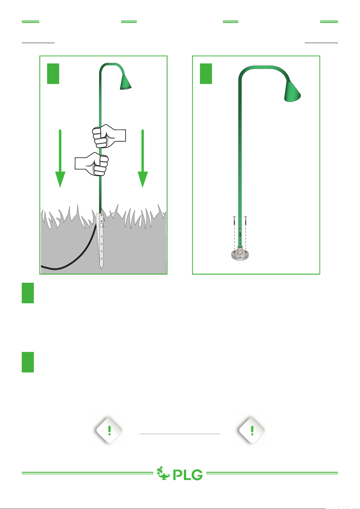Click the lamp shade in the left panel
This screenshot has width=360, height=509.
tap(126, 82)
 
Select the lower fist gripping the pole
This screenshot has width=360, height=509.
tap(92, 164)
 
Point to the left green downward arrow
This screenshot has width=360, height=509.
tap(60, 158)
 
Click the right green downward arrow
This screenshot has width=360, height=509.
tap(143, 158)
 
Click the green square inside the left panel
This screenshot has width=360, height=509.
tap(53, 74)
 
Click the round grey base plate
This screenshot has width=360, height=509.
tap(240, 255)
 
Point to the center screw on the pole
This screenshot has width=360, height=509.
tap(240, 233)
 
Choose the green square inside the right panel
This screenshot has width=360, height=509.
tap(206, 74)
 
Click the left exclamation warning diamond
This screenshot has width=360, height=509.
tap(109, 430)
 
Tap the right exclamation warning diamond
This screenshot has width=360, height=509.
tap(252, 430)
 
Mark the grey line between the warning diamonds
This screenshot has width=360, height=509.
tap(180, 434)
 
